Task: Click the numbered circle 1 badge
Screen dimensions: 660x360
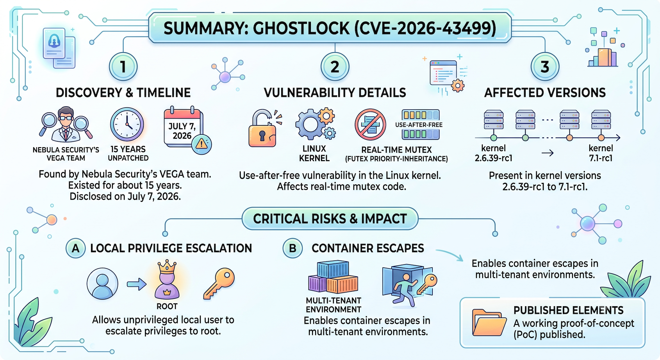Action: coord(123,67)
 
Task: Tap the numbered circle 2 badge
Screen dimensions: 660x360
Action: coord(335,67)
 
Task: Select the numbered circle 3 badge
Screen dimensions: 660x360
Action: coord(545,67)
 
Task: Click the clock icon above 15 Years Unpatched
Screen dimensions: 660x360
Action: coord(127,124)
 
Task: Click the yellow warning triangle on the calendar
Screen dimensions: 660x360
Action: coord(202,144)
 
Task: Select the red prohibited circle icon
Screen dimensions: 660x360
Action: coord(370,125)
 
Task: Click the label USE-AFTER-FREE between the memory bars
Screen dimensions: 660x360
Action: coord(419,125)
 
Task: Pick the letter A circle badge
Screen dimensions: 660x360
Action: coord(76,248)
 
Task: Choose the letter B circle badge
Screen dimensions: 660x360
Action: coord(293,248)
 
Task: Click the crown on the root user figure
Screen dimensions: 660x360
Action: coord(167,267)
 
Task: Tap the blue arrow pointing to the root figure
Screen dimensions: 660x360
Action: coord(137,284)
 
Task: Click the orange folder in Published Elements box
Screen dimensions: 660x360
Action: coord(489,323)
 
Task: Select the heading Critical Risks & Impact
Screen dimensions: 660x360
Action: coord(330,219)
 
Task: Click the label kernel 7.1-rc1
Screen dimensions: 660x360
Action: coord(601,153)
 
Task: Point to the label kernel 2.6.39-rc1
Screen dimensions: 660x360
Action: coord(494,153)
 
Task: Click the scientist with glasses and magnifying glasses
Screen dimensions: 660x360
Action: coord(66,124)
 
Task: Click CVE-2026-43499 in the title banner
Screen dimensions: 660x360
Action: coord(425,28)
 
